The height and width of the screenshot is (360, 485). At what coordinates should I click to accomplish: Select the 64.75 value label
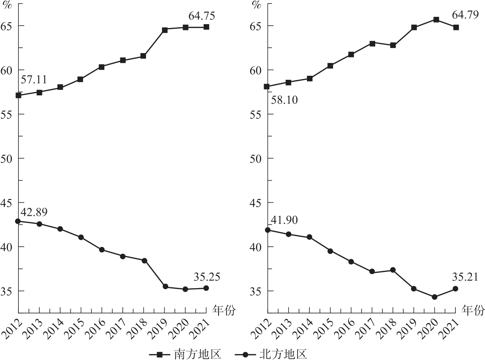pos(202,16)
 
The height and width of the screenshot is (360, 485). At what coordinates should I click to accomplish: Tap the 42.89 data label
pos(34,212)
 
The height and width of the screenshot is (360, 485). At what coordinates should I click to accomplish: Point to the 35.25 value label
pos(207,277)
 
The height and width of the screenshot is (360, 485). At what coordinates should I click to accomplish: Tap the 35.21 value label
pos(464,277)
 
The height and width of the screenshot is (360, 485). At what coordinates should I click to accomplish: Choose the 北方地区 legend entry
pos(283,354)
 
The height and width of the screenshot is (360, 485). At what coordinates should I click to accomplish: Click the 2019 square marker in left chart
pos(165,30)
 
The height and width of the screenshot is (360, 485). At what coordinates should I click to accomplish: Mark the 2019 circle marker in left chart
pos(165,286)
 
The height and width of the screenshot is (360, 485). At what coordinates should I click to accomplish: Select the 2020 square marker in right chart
pos(436,19)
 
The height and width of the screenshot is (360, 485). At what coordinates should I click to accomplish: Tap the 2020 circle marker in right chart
pos(434,297)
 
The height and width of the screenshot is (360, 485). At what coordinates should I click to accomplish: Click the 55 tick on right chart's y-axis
pos(257,114)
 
